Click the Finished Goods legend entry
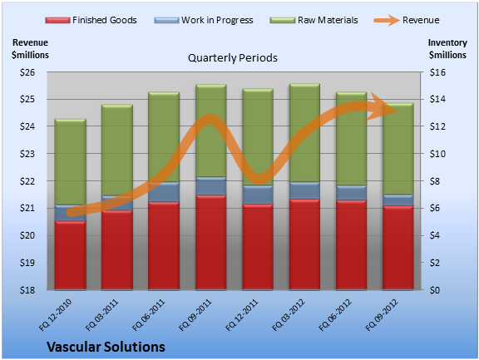click(x=91, y=20)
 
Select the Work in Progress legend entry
click(x=204, y=20)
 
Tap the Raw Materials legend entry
click(x=314, y=20)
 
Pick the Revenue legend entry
click(x=407, y=20)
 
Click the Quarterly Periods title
click(x=233, y=57)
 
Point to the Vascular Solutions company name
click(x=106, y=347)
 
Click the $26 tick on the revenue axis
click(x=27, y=72)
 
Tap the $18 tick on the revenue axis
click(x=27, y=290)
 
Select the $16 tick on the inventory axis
click(x=437, y=72)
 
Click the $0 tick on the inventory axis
click(x=435, y=290)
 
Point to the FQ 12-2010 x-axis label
click(x=56, y=314)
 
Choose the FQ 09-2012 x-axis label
click(x=382, y=314)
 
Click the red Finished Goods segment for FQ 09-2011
click(x=210, y=242)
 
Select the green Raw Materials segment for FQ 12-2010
click(x=70, y=162)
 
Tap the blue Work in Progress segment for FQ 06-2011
click(x=164, y=192)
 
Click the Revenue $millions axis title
click(x=30, y=48)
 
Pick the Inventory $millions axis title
click(x=447, y=48)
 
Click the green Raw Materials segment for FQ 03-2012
click(x=304, y=133)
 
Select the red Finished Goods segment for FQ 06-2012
click(x=351, y=245)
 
